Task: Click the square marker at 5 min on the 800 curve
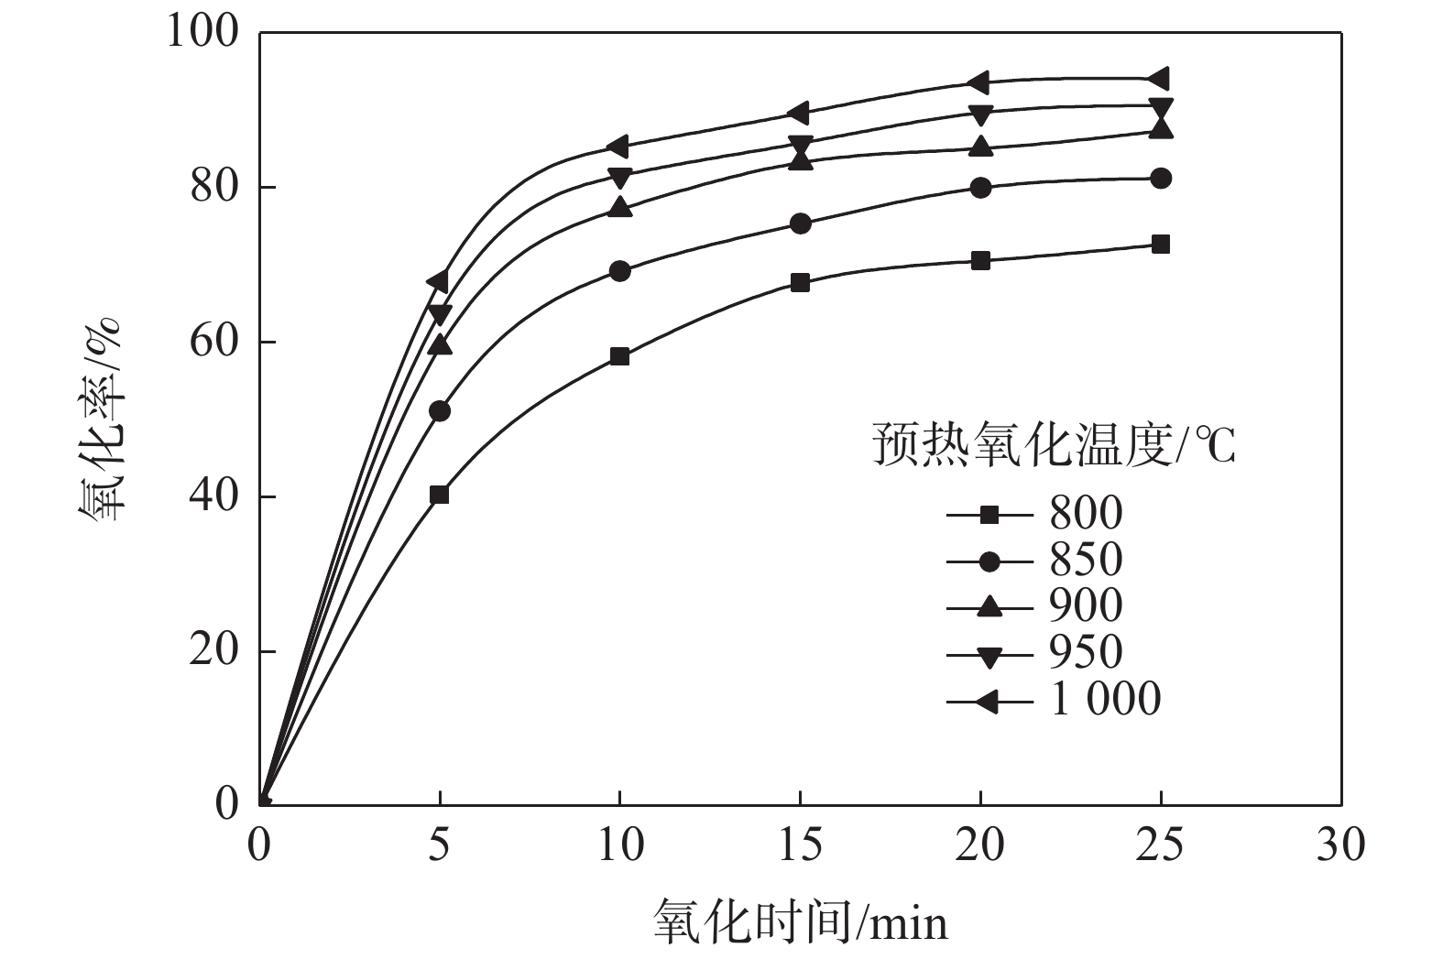[439, 495]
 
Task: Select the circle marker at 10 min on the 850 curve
[619, 271]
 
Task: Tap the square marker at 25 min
[1160, 245]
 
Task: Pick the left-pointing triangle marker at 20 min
[978, 82]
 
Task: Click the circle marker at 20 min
[980, 188]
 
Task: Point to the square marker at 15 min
[800, 282]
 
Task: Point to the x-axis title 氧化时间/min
[800, 921]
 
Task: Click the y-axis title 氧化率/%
[101, 420]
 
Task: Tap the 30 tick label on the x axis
[1340, 845]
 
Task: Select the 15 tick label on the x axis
[800, 845]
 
